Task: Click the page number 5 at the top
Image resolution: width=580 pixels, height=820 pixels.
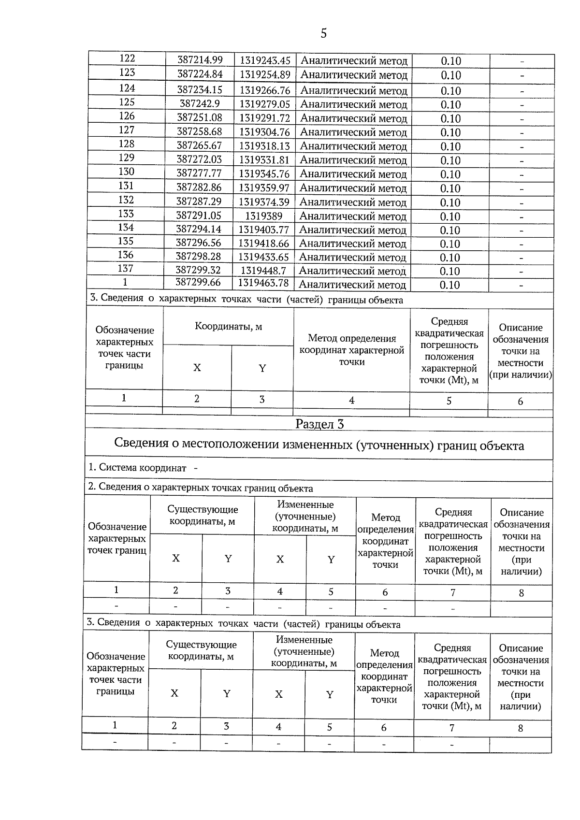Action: [323, 33]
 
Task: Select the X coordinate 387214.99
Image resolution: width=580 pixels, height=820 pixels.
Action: [200, 60]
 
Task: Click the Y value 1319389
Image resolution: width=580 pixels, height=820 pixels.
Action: [263, 216]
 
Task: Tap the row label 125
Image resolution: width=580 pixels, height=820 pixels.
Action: [127, 102]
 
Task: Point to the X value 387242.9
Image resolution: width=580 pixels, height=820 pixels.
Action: [200, 104]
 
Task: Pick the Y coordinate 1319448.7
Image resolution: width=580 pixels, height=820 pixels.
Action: [263, 271]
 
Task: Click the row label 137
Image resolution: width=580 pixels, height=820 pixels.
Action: [125, 269]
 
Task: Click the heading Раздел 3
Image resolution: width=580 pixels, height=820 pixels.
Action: [319, 424]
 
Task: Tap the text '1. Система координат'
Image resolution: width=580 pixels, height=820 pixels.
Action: [137, 468]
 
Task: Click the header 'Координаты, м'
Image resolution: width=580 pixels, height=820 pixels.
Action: [228, 326]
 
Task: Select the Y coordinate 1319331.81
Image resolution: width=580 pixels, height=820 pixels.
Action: [264, 159]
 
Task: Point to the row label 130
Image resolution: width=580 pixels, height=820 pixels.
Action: [126, 172]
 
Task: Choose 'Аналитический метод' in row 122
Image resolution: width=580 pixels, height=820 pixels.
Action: [354, 61]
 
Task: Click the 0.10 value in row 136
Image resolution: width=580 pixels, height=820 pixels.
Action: [449, 258]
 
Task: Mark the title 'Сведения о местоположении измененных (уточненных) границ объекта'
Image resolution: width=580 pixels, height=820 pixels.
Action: [319, 445]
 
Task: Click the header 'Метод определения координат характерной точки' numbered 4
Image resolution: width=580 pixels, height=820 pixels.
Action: [351, 350]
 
